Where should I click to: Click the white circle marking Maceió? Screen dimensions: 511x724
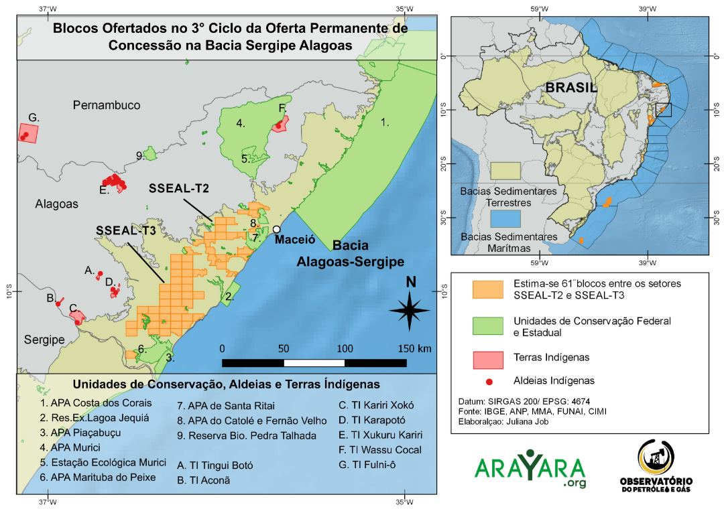[276, 229]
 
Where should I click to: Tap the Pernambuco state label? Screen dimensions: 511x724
[107, 105]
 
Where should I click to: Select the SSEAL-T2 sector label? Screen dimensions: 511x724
[179, 189]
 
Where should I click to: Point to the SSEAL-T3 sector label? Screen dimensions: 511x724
[126, 230]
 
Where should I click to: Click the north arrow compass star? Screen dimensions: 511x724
[410, 309]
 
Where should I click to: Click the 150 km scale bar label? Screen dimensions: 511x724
[415, 348]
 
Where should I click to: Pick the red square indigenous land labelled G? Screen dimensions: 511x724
[27, 133]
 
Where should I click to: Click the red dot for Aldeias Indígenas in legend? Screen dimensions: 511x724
[489, 381]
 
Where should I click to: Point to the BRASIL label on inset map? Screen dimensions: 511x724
[570, 88]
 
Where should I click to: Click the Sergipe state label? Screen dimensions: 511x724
[44, 340]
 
